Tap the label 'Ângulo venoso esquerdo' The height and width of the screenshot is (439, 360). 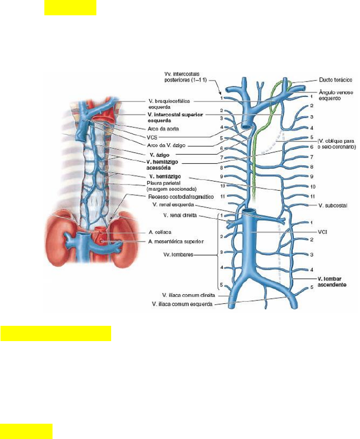[x=336, y=96]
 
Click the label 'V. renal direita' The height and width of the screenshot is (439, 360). [x=177, y=216]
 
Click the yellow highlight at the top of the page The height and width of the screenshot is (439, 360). [x=70, y=8]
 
